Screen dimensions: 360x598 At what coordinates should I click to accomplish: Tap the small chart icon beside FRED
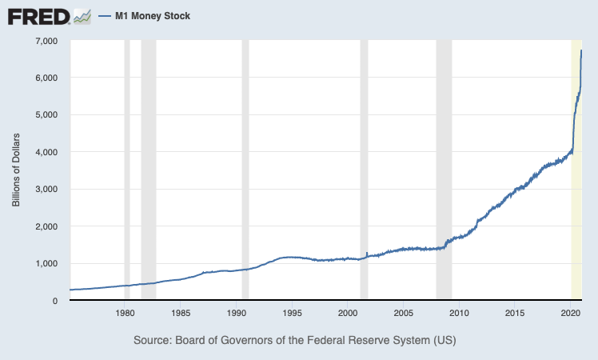tap(82, 16)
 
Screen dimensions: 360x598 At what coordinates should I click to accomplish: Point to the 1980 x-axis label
tap(124, 312)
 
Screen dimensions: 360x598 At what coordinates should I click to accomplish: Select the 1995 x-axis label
tap(292, 312)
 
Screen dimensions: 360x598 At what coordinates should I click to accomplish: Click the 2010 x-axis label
tap(459, 312)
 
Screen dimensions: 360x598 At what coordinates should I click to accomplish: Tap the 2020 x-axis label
tap(571, 312)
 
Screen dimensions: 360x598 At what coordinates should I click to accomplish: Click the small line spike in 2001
tap(366, 254)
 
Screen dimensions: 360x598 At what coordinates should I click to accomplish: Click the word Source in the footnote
tap(153, 340)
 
